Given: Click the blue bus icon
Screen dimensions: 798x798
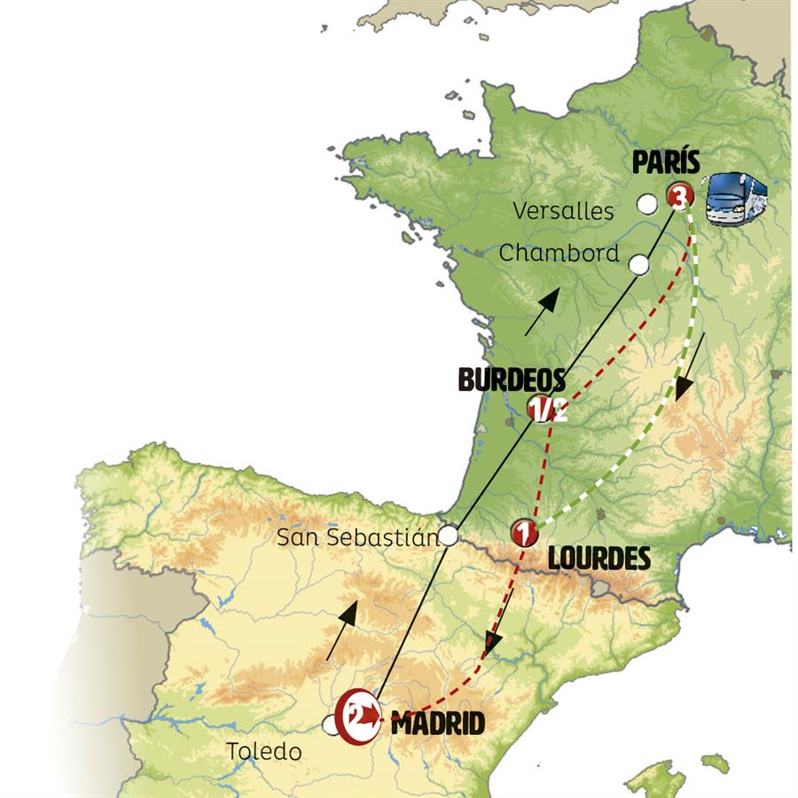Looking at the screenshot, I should pos(735,198).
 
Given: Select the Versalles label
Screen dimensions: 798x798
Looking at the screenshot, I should pos(563,211).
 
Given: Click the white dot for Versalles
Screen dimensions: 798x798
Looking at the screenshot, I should pos(647,204).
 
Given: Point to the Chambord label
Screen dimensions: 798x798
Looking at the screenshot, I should pos(559,253).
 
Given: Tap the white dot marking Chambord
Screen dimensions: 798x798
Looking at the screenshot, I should pos(639,264).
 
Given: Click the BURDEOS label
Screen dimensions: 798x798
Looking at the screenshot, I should pos(512,380).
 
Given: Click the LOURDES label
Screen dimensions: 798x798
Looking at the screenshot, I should pos(598,559).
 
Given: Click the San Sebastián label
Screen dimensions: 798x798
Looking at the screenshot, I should pos(357,537).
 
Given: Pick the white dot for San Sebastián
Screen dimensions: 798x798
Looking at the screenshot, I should pos(450,535).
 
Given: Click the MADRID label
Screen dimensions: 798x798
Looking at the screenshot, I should pos(437,724).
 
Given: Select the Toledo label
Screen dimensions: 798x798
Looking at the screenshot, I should pos(263,752).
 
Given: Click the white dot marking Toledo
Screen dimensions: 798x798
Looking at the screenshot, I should pos(332,726).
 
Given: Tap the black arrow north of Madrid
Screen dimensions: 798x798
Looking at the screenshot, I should pos(342,629).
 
